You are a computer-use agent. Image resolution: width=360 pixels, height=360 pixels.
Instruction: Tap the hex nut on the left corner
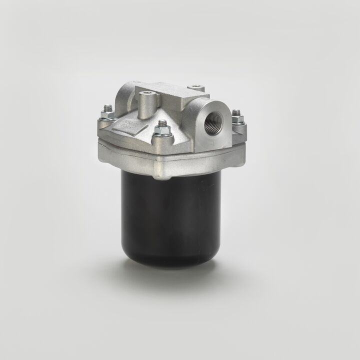[x=107, y=115]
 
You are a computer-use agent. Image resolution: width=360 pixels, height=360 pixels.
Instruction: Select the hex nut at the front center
[x=160, y=131]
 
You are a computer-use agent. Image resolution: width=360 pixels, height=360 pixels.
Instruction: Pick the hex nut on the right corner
[x=237, y=119]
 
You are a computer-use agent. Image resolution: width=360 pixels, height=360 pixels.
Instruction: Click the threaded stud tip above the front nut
[x=161, y=122]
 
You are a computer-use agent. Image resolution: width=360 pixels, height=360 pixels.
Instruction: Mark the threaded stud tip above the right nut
[x=237, y=111]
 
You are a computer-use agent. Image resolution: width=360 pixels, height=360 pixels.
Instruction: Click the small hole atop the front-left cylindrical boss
[x=145, y=93]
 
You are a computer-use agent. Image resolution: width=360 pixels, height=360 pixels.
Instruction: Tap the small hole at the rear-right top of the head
[x=196, y=87]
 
